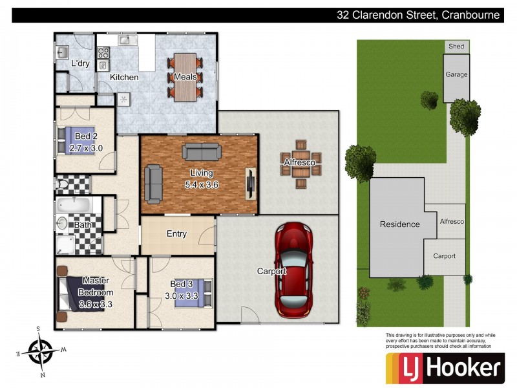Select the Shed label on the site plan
[x=456, y=47]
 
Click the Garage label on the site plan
[x=456, y=75]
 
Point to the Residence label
[x=399, y=224]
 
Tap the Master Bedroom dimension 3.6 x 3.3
[x=96, y=303]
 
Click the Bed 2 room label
[x=86, y=136]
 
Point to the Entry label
[x=176, y=233]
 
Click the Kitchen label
[x=124, y=77]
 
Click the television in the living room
[x=249, y=182]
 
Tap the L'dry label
[x=79, y=63]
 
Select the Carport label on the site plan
[x=444, y=256]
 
